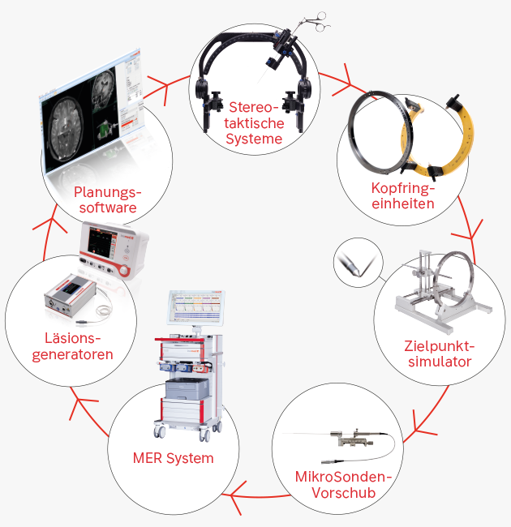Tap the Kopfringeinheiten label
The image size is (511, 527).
coord(403,195)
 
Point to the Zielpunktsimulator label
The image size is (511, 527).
coord(439,354)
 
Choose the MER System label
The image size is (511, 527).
coord(173,458)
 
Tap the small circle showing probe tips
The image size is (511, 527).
coord(354,262)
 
